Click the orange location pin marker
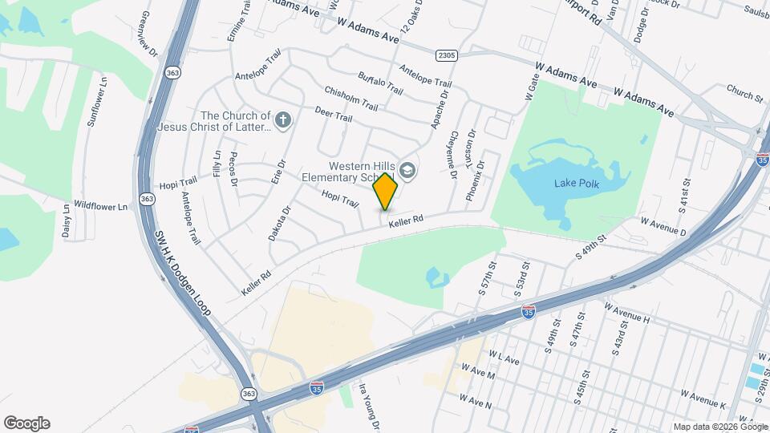[x=386, y=192]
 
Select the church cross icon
[x=282, y=121]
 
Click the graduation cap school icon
[x=408, y=170]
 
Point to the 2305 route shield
[x=448, y=55]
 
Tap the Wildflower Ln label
[x=100, y=206]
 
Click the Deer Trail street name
[x=334, y=115]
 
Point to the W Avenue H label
[x=627, y=313]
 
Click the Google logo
[x=26, y=423]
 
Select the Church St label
[x=745, y=93]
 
